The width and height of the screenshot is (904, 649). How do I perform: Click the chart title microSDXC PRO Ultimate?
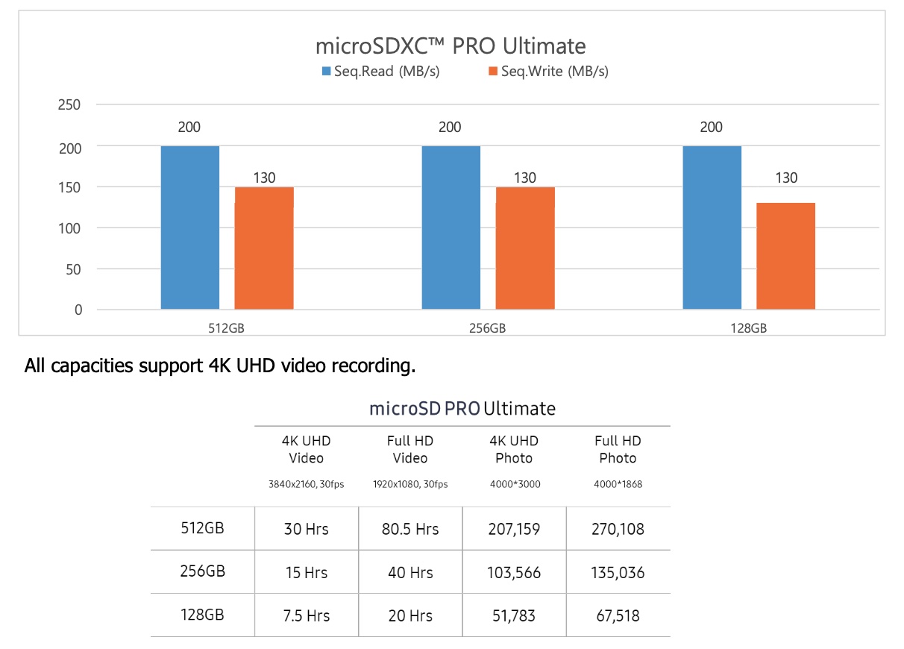451,46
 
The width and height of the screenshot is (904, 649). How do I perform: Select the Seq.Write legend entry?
547,72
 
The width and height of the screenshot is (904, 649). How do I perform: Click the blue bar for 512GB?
190,228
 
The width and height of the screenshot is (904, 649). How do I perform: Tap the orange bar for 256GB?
525,248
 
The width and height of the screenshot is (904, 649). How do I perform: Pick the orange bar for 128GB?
786,255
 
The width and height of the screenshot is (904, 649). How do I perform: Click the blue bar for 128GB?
712,228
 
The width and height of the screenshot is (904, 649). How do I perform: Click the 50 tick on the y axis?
73,269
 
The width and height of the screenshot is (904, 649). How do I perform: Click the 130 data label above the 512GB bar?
264,178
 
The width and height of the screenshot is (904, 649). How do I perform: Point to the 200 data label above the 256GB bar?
450,128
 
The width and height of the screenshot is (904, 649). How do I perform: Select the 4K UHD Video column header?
306,449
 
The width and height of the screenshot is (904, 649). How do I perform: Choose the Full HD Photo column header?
618,449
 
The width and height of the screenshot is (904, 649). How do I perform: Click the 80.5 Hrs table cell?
410,529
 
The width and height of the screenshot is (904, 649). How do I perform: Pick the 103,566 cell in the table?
514,573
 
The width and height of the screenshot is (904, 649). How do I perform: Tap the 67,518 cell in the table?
618,616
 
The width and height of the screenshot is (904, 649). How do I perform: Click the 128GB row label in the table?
202,615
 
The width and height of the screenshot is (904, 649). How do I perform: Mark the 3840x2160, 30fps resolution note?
306,484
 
